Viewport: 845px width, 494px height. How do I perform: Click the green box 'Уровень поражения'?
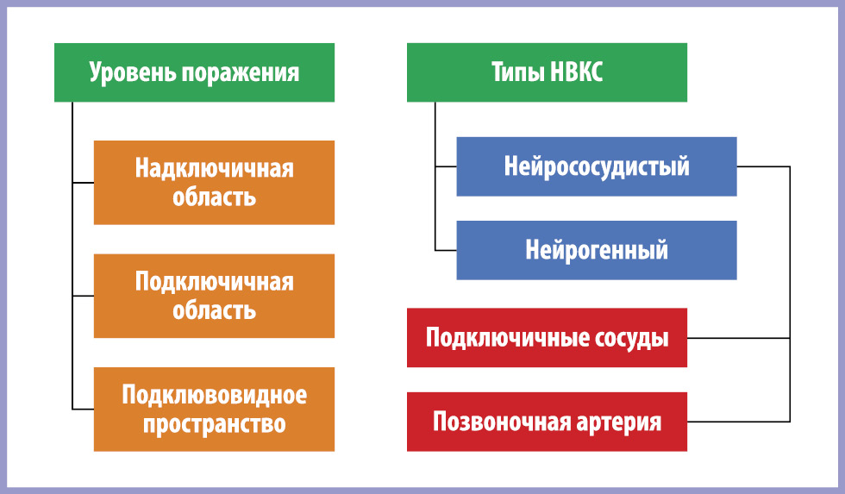click(x=194, y=72)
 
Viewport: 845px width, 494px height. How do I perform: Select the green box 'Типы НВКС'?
click(x=547, y=72)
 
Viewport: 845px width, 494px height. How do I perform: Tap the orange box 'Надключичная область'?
click(x=214, y=183)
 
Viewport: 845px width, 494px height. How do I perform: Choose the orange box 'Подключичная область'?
click(x=214, y=296)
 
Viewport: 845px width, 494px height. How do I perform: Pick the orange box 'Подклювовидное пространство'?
click(x=214, y=410)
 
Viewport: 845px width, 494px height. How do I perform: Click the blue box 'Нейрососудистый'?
click(x=597, y=166)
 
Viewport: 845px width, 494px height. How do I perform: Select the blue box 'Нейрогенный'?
click(x=597, y=250)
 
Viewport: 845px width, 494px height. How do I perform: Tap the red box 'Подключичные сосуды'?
click(x=547, y=338)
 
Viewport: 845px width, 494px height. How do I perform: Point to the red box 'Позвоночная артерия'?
click(x=547, y=422)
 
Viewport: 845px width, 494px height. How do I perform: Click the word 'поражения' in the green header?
click(x=240, y=72)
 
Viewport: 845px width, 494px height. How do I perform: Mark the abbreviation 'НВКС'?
click(x=576, y=72)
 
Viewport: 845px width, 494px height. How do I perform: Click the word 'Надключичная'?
click(x=215, y=168)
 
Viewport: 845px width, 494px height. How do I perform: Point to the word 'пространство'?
click(x=215, y=424)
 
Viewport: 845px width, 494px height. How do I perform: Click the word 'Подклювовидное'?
click(x=215, y=395)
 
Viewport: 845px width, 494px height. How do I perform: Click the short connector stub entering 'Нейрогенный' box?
click(x=446, y=251)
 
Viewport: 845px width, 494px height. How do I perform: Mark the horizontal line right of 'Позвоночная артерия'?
click(x=738, y=422)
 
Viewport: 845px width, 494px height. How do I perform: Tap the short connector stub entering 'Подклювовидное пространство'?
click(x=83, y=410)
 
